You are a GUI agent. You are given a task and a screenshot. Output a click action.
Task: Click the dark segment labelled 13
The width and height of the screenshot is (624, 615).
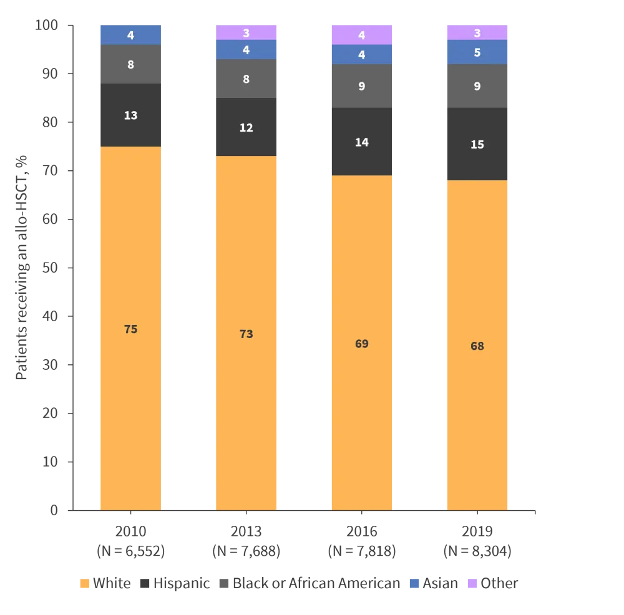(131, 115)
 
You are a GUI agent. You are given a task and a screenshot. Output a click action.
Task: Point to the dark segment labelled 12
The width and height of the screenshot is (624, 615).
(246, 127)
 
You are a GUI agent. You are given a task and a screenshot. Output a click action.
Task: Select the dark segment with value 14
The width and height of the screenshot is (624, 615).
(361, 142)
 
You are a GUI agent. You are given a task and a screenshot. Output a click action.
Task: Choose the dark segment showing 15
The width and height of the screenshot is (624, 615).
(477, 144)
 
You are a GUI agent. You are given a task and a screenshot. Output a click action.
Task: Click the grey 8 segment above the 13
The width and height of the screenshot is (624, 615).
(131, 64)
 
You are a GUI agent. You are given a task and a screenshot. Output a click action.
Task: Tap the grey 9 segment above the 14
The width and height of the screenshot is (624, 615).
(361, 86)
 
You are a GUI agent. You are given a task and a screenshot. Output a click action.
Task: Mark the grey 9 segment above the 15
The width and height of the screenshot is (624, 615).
(477, 86)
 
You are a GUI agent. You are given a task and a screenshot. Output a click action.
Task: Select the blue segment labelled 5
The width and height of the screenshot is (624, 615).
(477, 52)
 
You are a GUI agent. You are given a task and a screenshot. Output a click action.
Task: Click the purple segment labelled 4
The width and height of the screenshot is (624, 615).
(361, 35)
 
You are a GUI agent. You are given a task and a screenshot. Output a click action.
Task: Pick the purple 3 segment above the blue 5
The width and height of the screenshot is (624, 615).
(477, 32)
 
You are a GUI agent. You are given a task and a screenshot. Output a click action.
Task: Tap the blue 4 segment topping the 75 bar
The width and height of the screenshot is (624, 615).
(131, 35)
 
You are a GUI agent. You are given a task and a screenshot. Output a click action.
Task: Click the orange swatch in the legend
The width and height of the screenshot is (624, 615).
(85, 584)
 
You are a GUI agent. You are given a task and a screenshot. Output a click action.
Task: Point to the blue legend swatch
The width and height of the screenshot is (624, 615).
(414, 584)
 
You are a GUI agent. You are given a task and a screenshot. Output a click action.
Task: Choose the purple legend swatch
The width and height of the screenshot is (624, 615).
(472, 584)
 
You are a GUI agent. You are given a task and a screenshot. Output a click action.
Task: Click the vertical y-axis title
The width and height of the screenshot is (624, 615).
(22, 268)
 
